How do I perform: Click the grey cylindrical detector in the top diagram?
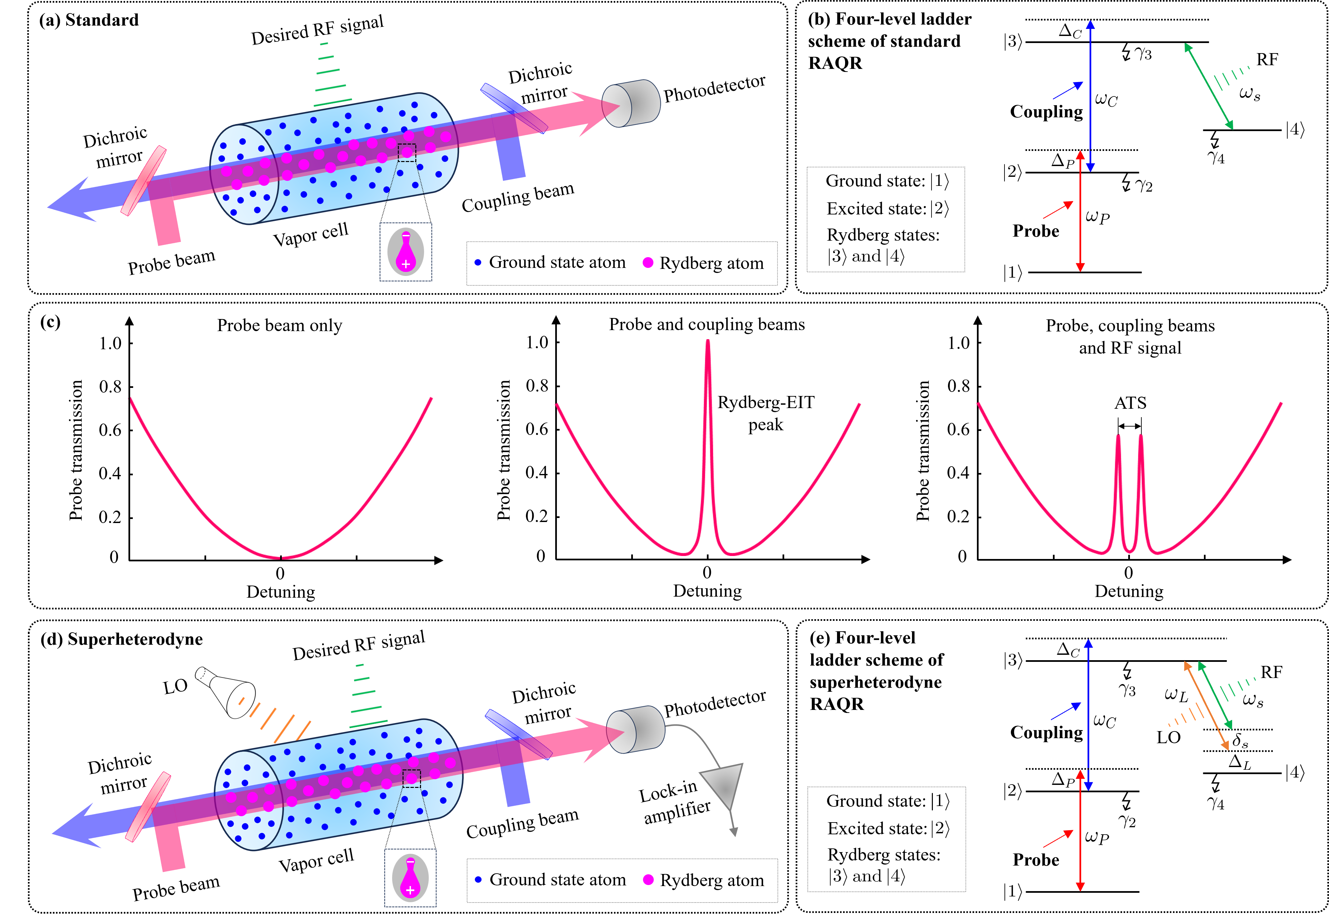coord(631,104)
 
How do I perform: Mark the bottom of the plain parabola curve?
coord(280,557)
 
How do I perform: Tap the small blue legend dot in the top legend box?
coord(478,263)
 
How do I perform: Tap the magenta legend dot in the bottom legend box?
coord(648,879)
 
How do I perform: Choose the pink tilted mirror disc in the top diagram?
coord(144,181)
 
